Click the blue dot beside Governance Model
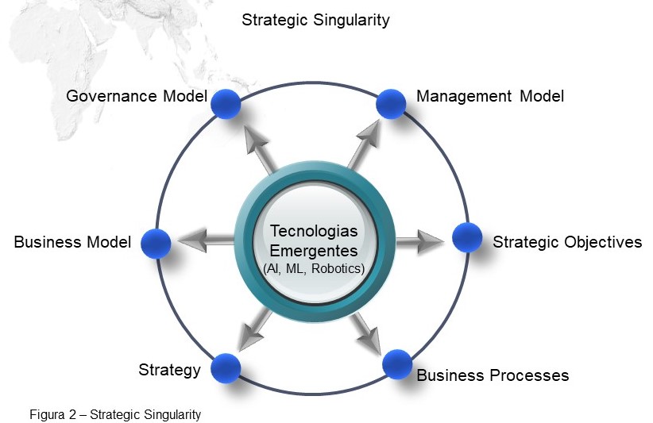pyautogui.click(x=226, y=104)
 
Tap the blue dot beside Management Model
pyautogui.click(x=391, y=104)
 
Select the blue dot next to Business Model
pyautogui.click(x=156, y=244)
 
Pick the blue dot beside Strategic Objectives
pyautogui.click(x=467, y=237)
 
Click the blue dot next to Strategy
pyautogui.click(x=226, y=368)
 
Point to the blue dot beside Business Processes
pyautogui.click(x=397, y=364)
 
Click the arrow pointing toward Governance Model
pyautogui.click(x=259, y=148)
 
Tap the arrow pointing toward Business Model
pyautogui.click(x=206, y=240)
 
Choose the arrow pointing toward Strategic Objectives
pyautogui.click(x=419, y=240)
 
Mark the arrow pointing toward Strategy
pyautogui.click(x=255, y=330)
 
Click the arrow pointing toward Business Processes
pyautogui.click(x=366, y=333)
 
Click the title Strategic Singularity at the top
pyautogui.click(x=315, y=20)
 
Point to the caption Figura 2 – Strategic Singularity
pyautogui.click(x=115, y=414)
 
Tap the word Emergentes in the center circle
pyautogui.click(x=314, y=251)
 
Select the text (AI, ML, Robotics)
pyautogui.click(x=314, y=269)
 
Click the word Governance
pyautogui.click(x=111, y=96)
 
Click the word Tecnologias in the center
pyautogui.click(x=314, y=231)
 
